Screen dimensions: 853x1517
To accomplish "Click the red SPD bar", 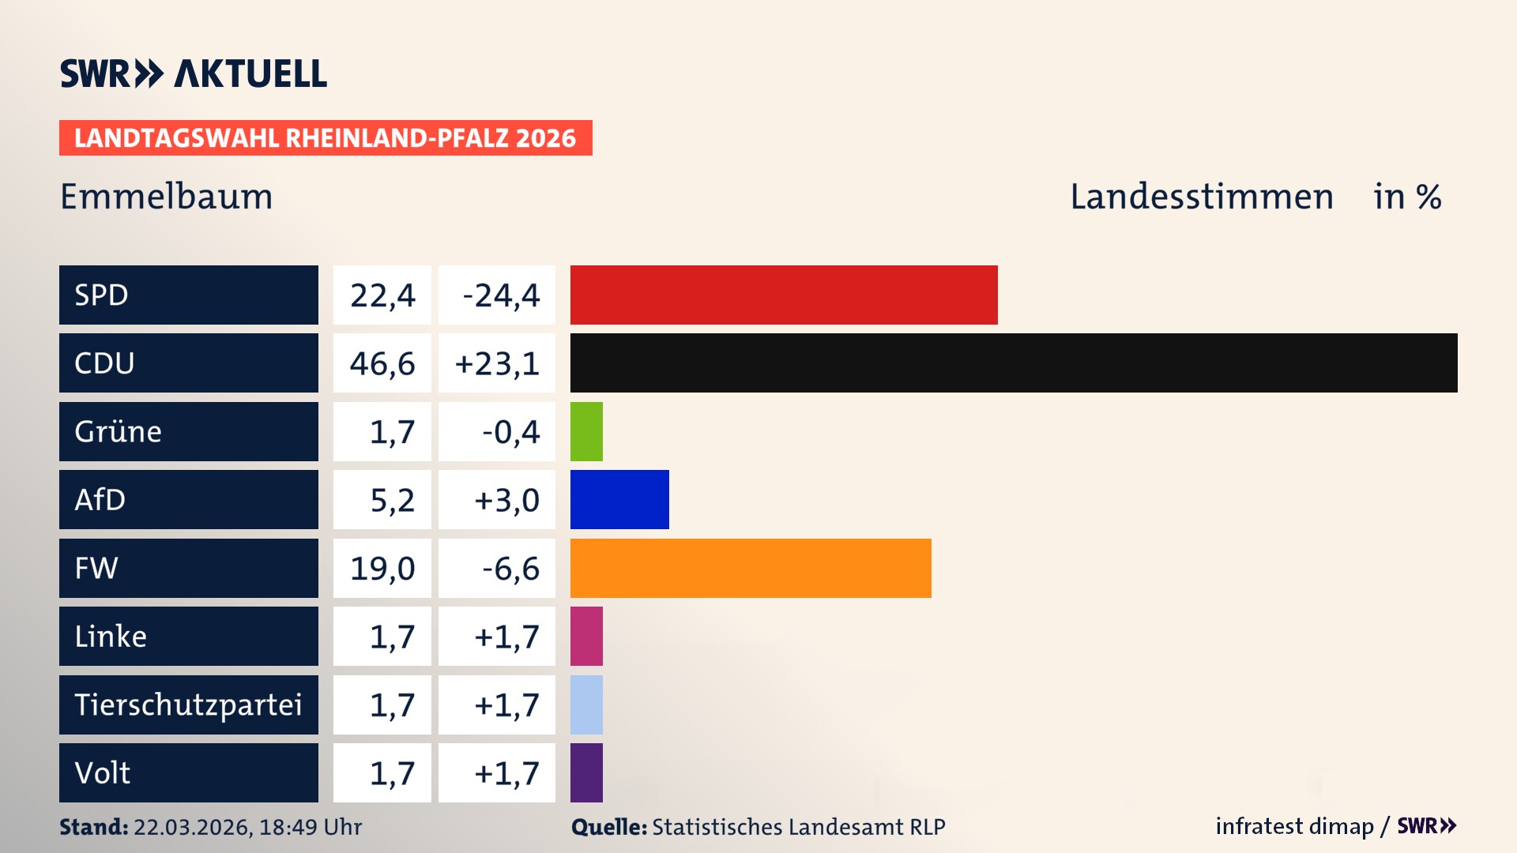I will pyautogui.click(x=783, y=295).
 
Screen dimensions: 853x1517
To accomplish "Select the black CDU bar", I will pyautogui.click(x=1013, y=363).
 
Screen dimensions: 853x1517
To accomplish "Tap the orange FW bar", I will pyautogui.click(x=750, y=568).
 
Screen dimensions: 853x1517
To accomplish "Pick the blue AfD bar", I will pyautogui.click(x=619, y=499).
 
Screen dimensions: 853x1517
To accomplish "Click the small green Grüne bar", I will pyautogui.click(x=586, y=431).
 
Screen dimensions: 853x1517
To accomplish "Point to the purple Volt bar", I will pyautogui.click(x=586, y=772).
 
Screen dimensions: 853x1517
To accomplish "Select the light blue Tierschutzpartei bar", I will pyautogui.click(x=586, y=705).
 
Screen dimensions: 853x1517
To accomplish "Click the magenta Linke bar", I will pyautogui.click(x=586, y=636).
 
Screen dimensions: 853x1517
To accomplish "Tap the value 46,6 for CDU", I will pyautogui.click(x=382, y=363).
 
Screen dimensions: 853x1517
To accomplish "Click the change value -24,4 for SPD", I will pyautogui.click(x=500, y=295).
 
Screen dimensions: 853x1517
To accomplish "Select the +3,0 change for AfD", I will pyautogui.click(x=506, y=500).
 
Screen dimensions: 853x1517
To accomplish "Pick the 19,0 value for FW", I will pyautogui.click(x=382, y=568).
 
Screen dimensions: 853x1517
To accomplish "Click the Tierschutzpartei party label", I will pyautogui.click(x=188, y=705).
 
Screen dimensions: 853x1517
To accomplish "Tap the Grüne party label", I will pyautogui.click(x=119, y=431).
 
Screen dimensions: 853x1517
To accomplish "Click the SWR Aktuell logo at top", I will pyautogui.click(x=194, y=73).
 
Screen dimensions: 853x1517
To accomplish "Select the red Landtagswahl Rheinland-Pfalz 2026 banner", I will pyautogui.click(x=325, y=137).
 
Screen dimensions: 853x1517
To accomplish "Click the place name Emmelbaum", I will pyautogui.click(x=167, y=196).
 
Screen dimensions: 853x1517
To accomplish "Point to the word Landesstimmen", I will pyautogui.click(x=1201, y=196).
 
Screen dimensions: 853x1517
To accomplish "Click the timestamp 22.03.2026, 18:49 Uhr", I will pyautogui.click(x=247, y=827).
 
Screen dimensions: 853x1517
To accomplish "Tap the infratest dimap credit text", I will pyautogui.click(x=1293, y=826).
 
